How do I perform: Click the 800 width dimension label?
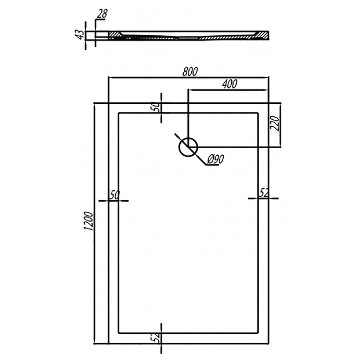[190, 72]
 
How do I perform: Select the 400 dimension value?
[229, 84]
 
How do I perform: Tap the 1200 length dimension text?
[89, 221]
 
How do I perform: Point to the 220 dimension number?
[275, 124]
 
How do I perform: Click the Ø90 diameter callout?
[216, 159]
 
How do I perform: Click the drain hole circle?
[188, 148]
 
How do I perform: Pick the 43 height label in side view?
[80, 35]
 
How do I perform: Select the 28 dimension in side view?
[102, 14]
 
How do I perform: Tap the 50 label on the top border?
[156, 107]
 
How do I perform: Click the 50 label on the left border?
[115, 195]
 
